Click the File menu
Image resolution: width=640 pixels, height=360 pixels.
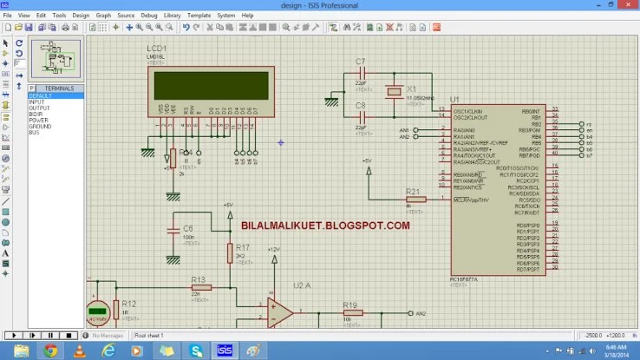pos(7,16)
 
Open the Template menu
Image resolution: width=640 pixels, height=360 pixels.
pos(199,16)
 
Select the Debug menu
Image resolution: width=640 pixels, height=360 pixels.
pos(149,16)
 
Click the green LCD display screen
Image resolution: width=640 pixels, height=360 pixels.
pos(212,86)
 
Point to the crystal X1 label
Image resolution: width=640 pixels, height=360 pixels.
pos(412,88)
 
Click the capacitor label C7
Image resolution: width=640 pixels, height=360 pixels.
pos(361,61)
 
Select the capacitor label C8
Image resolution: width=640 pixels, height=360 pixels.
pos(361,105)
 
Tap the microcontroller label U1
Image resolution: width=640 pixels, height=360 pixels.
pos(454,100)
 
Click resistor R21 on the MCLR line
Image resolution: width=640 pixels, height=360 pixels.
pos(416,200)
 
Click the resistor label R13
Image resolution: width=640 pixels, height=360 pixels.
pos(199,279)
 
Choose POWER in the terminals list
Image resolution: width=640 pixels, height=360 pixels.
pos(39,121)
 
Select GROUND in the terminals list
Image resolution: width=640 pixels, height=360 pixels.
pos(41,127)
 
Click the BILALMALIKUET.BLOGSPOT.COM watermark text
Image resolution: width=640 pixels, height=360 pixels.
pos(325,226)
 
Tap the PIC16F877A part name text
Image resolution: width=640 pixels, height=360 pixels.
pos(467,278)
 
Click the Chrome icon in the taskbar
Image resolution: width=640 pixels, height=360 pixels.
pos(51,350)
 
